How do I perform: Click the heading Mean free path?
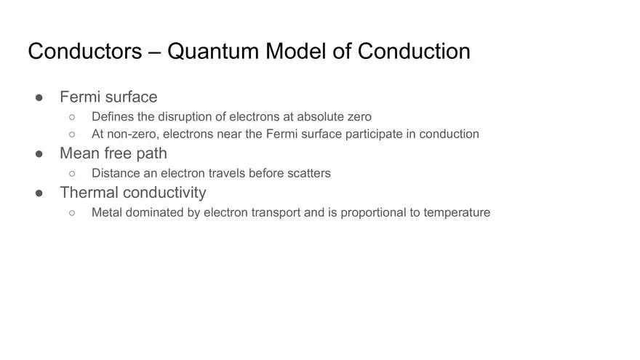click(x=113, y=153)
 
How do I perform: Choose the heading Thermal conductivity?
click(x=132, y=193)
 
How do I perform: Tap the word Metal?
click(x=108, y=212)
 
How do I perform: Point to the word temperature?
click(x=457, y=212)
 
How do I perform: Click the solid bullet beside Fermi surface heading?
click(x=40, y=97)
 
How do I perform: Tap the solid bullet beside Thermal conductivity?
click(x=40, y=193)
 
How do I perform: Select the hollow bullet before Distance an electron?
click(x=72, y=173)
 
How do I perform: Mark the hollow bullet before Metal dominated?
click(x=72, y=212)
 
